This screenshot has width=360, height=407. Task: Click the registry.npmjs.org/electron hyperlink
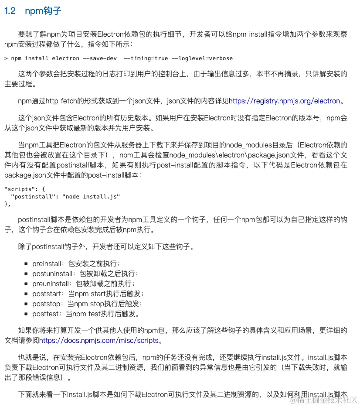click(x=284, y=101)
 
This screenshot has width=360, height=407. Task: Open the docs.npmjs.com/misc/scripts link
click(x=98, y=340)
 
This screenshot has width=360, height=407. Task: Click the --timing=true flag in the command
click(x=145, y=58)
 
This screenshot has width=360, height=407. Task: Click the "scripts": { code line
click(x=24, y=189)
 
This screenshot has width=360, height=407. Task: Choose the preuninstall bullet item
click(x=83, y=284)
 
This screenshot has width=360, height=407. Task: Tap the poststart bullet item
click(x=87, y=294)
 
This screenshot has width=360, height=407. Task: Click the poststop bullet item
click(x=87, y=304)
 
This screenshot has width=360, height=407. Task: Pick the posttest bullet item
click(x=85, y=314)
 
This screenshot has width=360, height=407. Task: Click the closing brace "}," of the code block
click(x=7, y=203)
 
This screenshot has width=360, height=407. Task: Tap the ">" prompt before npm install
click(x=6, y=58)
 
